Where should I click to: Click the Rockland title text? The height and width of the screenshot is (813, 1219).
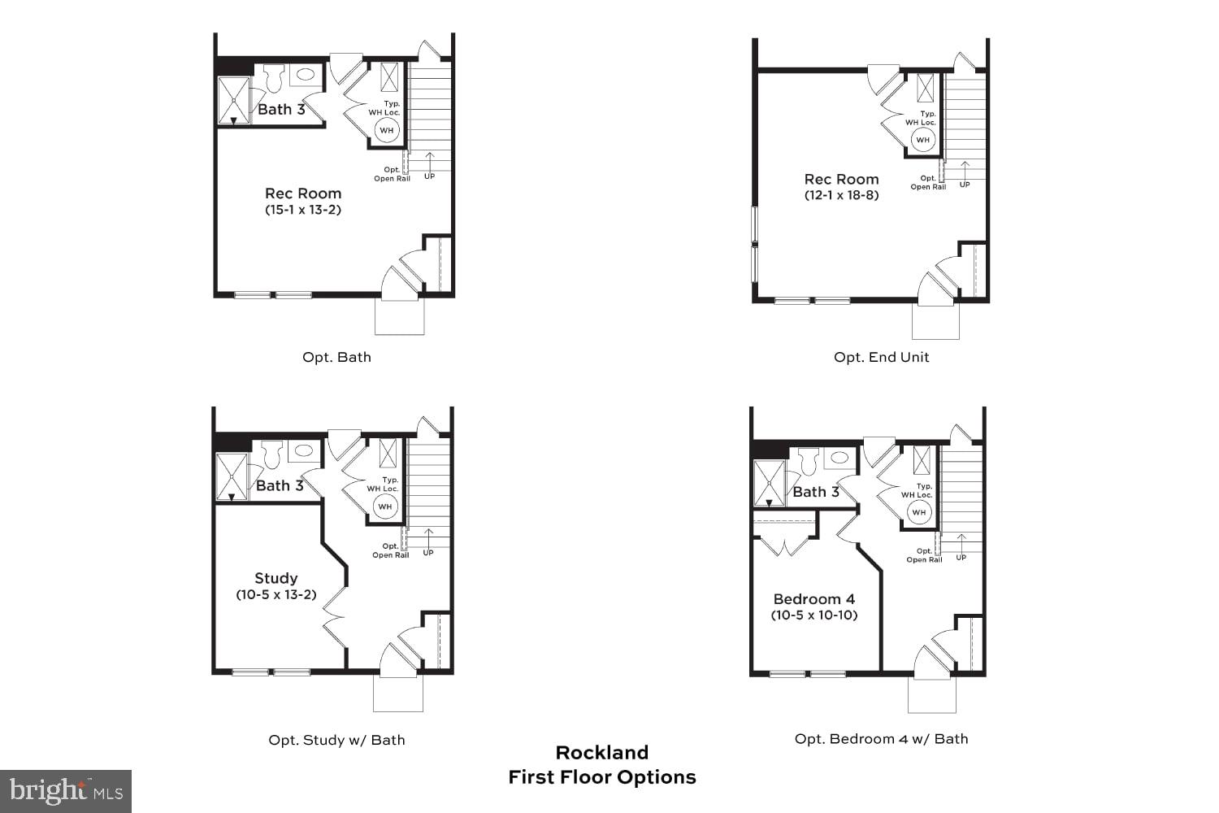(602, 752)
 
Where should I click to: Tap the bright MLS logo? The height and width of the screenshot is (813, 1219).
(65, 791)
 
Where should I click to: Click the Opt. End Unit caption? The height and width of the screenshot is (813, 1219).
(881, 357)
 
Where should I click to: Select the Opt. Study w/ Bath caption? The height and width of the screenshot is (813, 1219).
(336, 740)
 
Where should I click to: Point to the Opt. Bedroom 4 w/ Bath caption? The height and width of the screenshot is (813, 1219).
(881, 739)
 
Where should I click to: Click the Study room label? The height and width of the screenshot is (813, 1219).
(276, 578)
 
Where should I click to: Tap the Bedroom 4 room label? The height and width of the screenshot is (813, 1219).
(813, 599)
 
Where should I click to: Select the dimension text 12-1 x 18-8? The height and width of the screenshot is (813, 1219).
(841, 195)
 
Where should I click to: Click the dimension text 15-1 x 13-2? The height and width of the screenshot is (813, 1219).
(302, 210)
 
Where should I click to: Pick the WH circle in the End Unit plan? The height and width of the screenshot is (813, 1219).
(922, 140)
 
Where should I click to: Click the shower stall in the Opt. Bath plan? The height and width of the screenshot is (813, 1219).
(234, 101)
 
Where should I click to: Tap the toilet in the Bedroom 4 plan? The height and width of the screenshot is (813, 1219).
(808, 461)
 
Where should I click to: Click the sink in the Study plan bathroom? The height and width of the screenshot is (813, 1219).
(304, 450)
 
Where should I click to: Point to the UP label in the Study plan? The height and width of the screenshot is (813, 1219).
(428, 553)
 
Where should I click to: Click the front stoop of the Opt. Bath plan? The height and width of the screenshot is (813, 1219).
(399, 317)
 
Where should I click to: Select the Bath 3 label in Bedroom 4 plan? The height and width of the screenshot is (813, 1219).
(815, 492)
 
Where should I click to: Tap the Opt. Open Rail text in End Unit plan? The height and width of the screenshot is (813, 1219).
(928, 183)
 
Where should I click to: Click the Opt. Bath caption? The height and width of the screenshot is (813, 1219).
(336, 357)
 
